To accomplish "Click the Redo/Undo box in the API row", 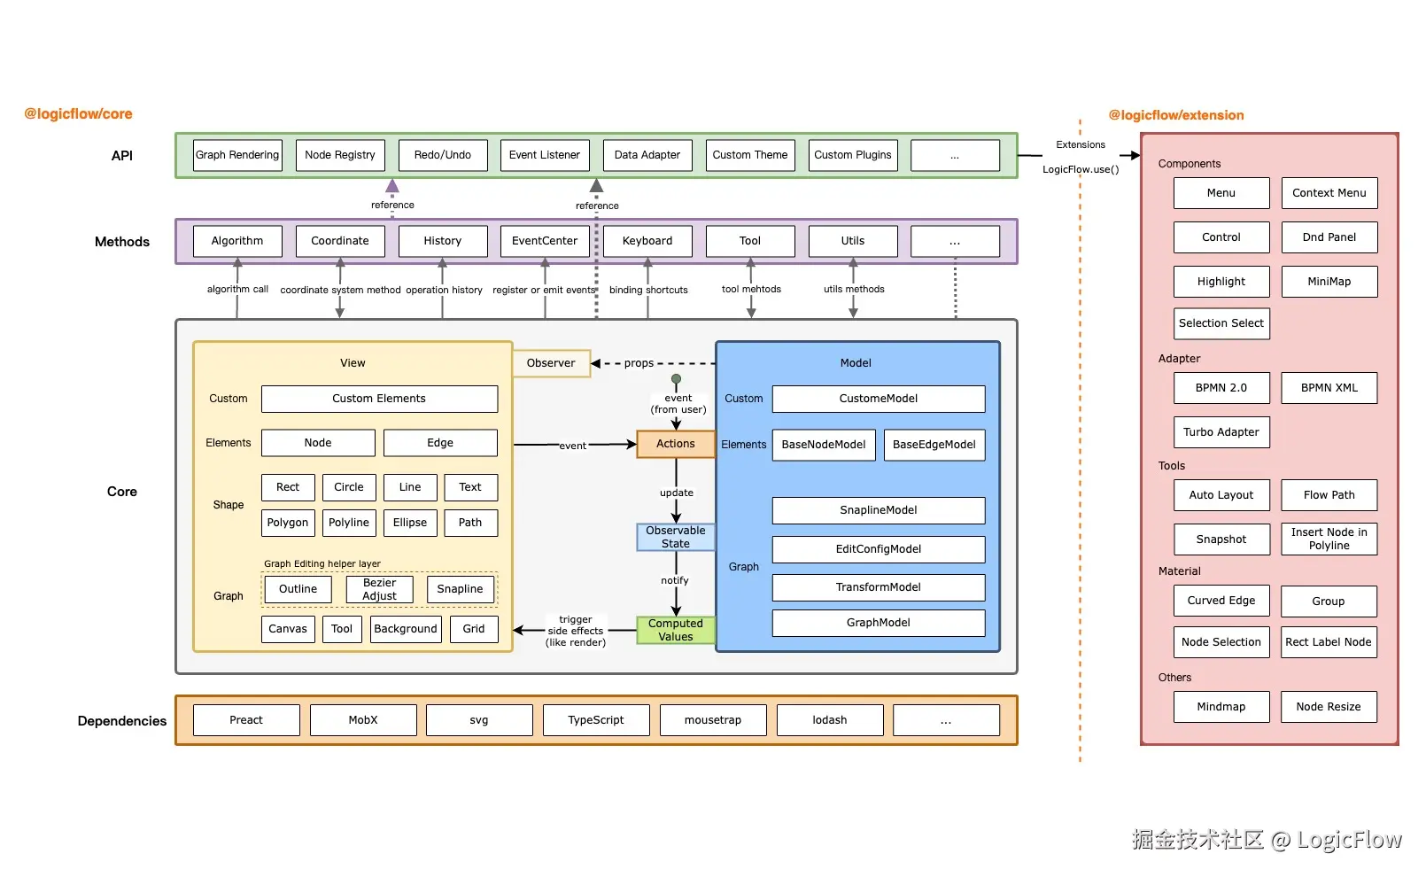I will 443,155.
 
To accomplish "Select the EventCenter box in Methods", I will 545,241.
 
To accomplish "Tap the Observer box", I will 551,363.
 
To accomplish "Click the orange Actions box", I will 676,444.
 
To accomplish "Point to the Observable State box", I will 676,537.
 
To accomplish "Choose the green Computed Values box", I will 676,630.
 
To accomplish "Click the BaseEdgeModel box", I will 934,445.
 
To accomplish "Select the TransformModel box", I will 878,587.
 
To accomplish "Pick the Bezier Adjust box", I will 379,589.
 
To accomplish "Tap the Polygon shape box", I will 288,523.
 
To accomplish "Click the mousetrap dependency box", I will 713,720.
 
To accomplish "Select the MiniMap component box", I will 1329,282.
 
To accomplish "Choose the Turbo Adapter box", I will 1221,432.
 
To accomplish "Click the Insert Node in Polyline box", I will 1329,539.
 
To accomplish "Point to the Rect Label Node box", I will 1329,642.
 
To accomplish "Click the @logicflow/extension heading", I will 1176,115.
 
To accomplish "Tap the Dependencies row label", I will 122,721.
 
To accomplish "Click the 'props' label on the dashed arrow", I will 639,363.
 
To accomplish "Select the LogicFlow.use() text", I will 1081,169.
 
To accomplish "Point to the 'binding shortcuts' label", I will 648,290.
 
